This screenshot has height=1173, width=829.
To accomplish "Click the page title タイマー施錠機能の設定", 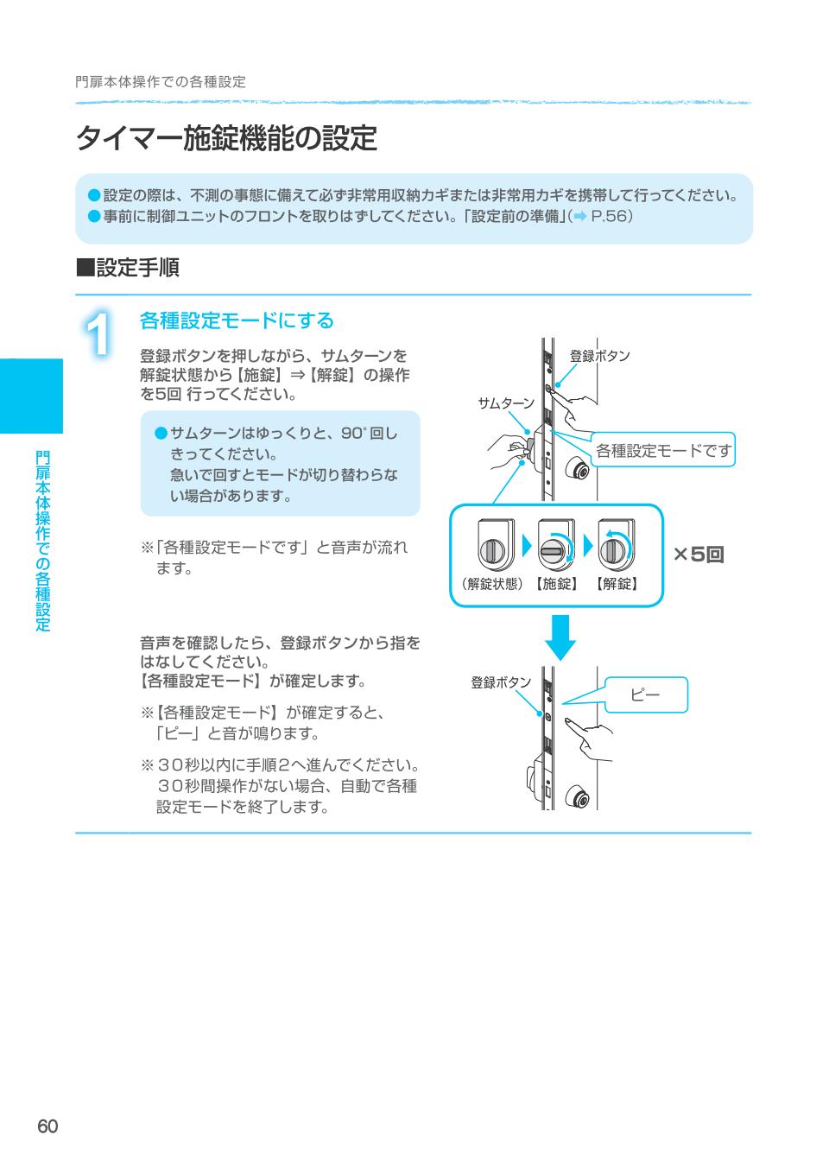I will [226, 138].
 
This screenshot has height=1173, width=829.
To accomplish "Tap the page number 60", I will [47, 1126].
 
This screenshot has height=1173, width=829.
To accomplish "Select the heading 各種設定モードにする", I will [237, 320].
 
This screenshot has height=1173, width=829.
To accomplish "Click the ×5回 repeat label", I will [699, 555].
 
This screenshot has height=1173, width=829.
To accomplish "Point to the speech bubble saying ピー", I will [646, 694].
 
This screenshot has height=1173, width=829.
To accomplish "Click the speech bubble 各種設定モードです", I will [663, 450].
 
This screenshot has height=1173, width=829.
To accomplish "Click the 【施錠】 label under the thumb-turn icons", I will [557, 584].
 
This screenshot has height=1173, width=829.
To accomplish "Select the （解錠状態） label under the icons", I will [490, 584].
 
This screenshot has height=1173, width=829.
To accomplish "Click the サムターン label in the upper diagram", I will [506, 403].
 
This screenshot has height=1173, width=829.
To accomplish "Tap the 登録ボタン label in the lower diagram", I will [501, 682].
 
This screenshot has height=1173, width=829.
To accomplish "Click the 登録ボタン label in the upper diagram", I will [600, 356].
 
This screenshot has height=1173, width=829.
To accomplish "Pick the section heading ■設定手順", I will [128, 268].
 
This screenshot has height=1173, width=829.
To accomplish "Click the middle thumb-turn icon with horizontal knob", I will [555, 547].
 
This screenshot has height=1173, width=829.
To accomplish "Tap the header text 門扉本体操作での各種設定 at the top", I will [161, 82].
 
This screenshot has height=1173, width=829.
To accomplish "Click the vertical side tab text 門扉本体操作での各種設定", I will [43, 541].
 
